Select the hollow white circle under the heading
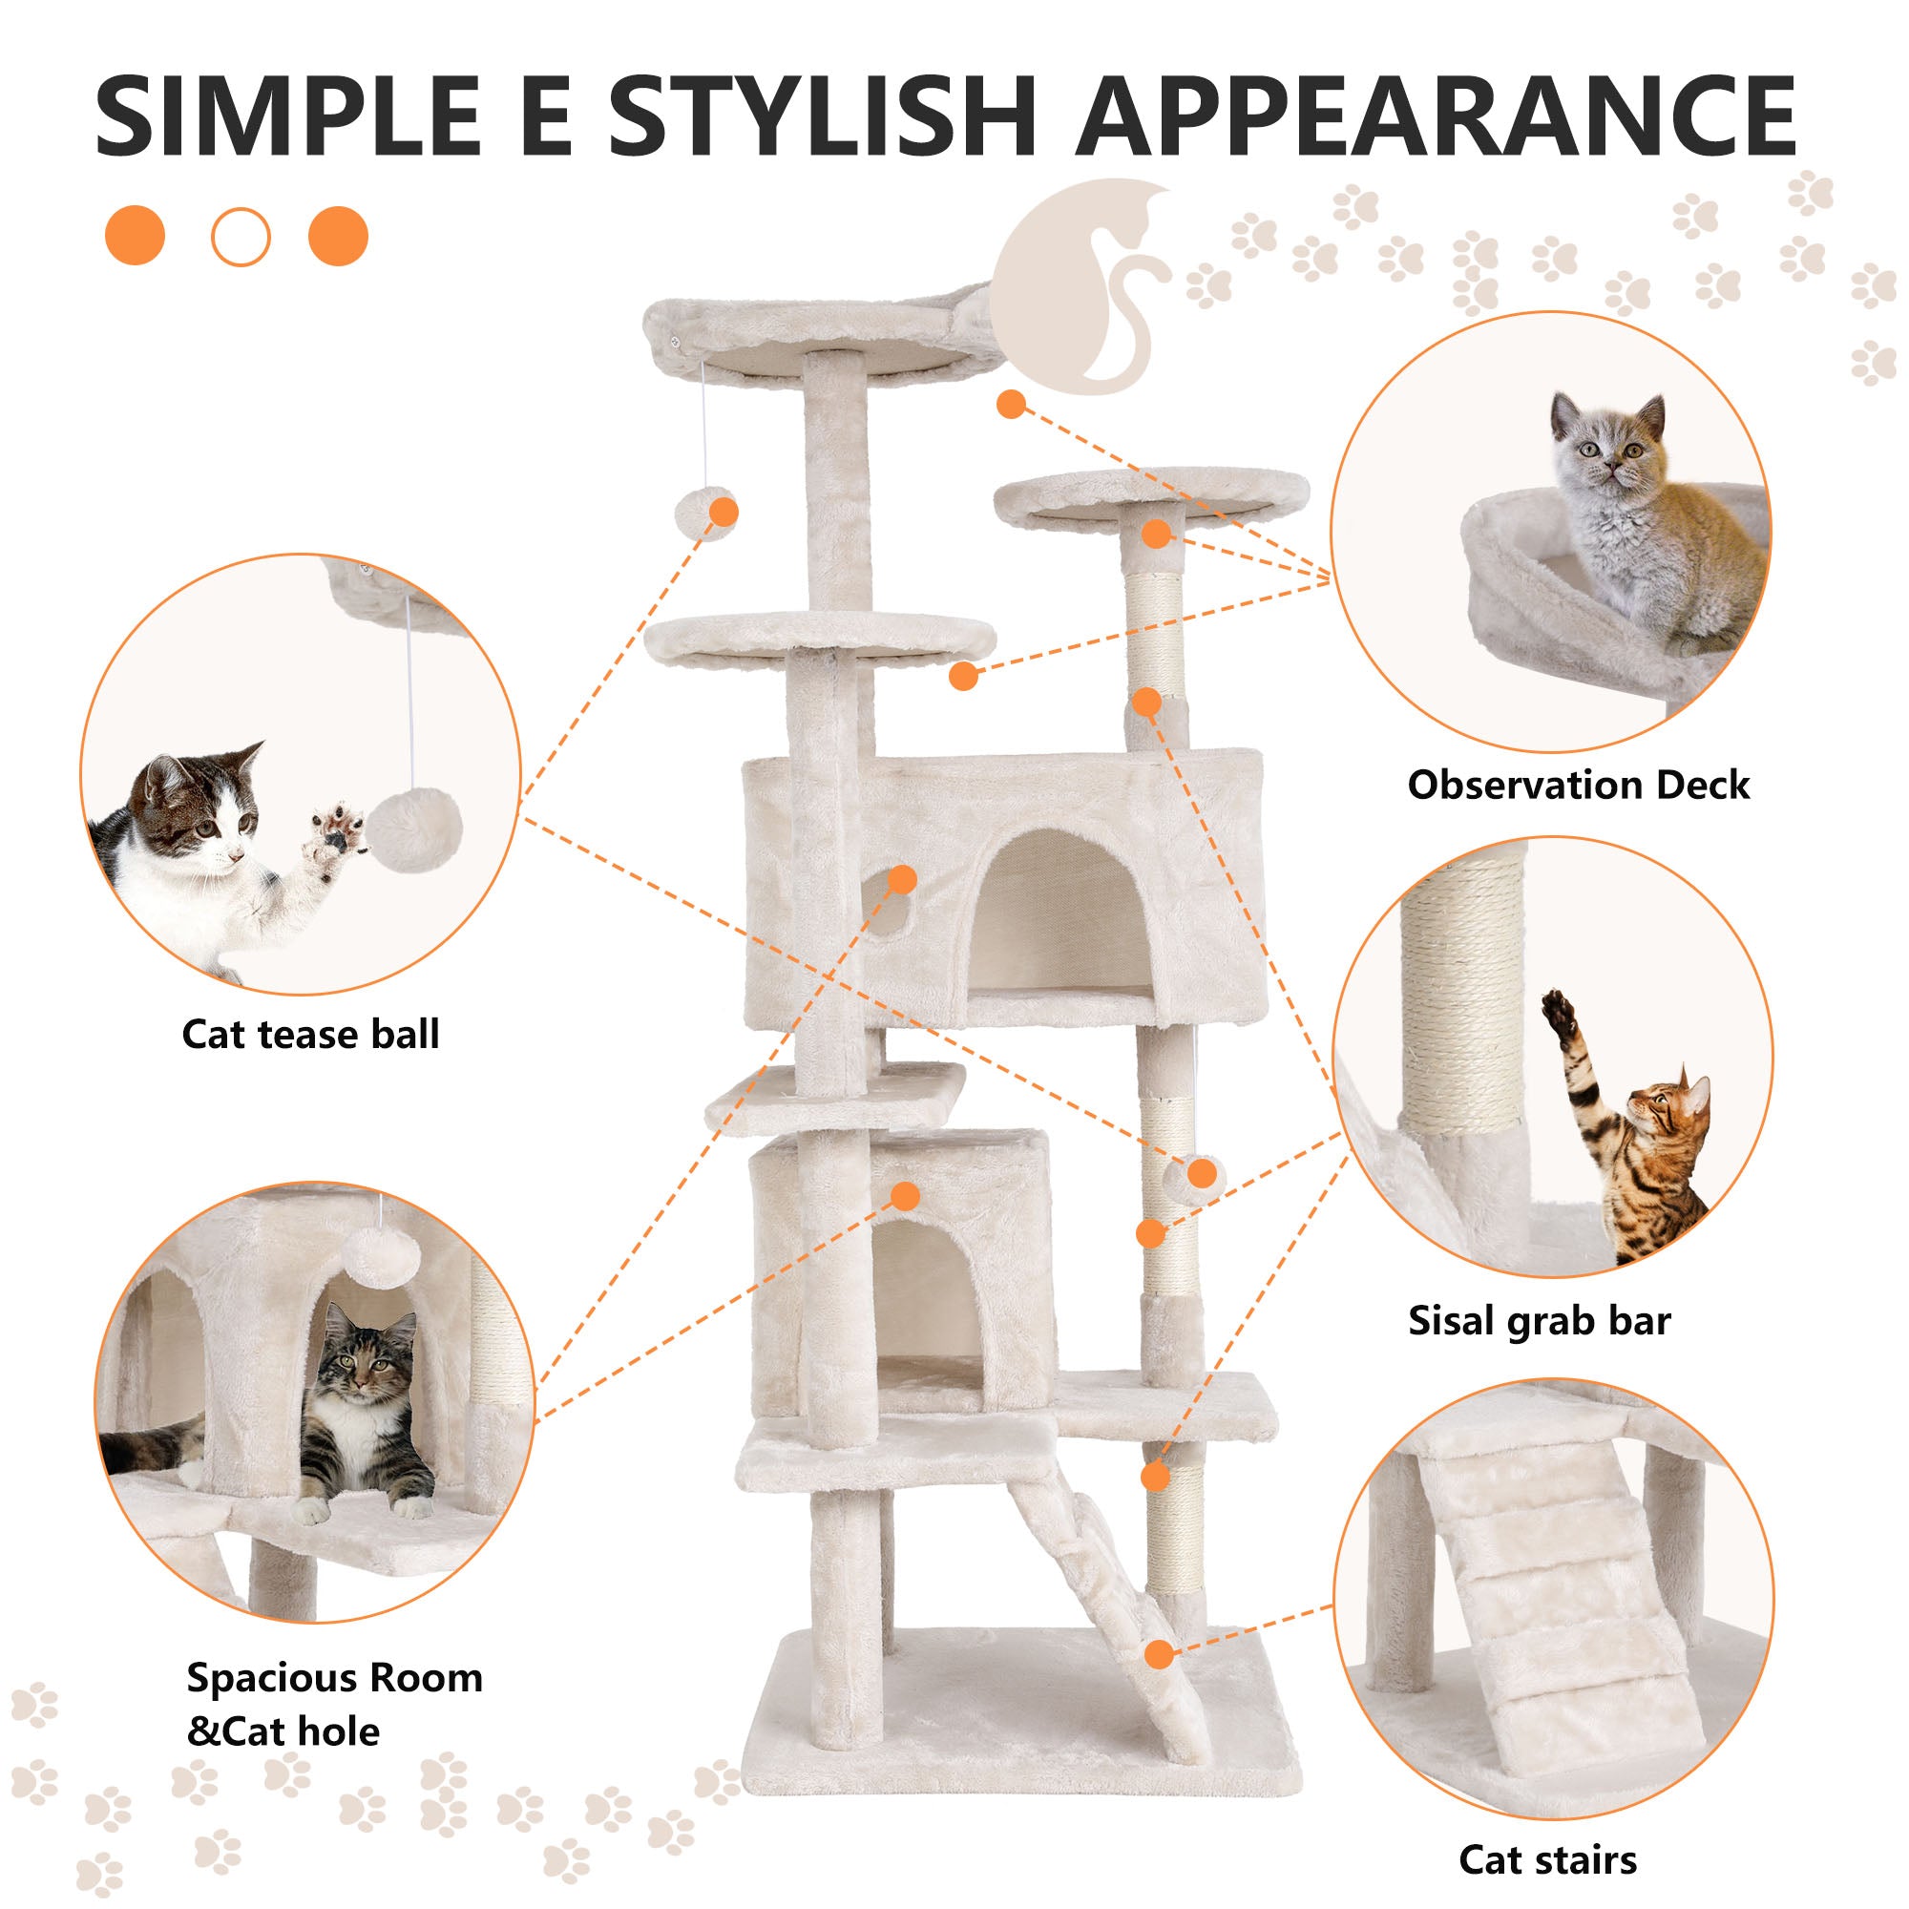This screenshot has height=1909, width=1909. pos(241,236)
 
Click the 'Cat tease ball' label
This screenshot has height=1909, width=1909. pos(310,1035)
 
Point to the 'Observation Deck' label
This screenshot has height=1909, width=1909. pos(1578,786)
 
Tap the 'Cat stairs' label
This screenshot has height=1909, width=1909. pos(1547,1859)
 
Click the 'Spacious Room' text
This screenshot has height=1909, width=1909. pos(335,1678)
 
